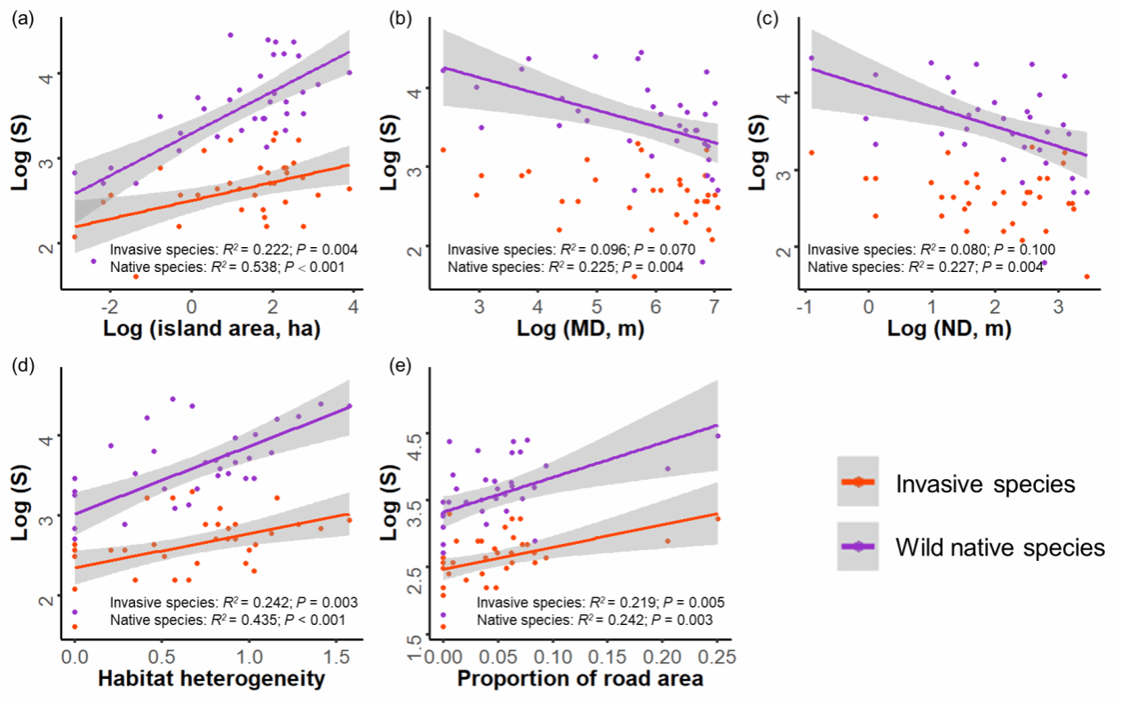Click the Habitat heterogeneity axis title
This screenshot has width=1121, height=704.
point(211,681)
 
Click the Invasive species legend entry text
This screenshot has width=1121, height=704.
point(986,484)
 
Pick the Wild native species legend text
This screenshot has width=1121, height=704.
point(999,547)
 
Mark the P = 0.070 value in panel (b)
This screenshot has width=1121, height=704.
point(662,251)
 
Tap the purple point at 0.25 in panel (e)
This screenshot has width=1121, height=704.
point(718,436)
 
